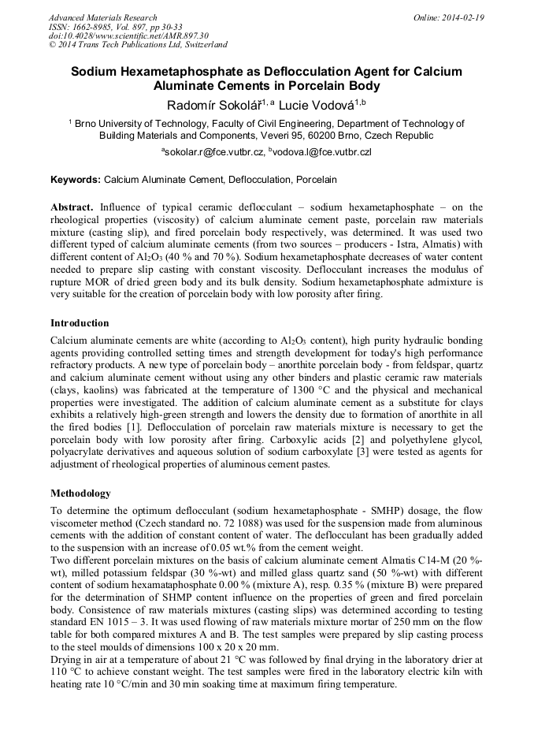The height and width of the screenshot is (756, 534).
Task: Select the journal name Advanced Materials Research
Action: tap(102, 17)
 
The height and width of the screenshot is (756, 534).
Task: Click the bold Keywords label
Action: tap(76, 180)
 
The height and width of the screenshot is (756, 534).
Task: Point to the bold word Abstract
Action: tap(72, 207)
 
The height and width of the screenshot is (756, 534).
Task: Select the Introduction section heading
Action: tap(80, 323)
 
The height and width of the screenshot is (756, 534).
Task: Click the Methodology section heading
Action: tap(80, 493)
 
